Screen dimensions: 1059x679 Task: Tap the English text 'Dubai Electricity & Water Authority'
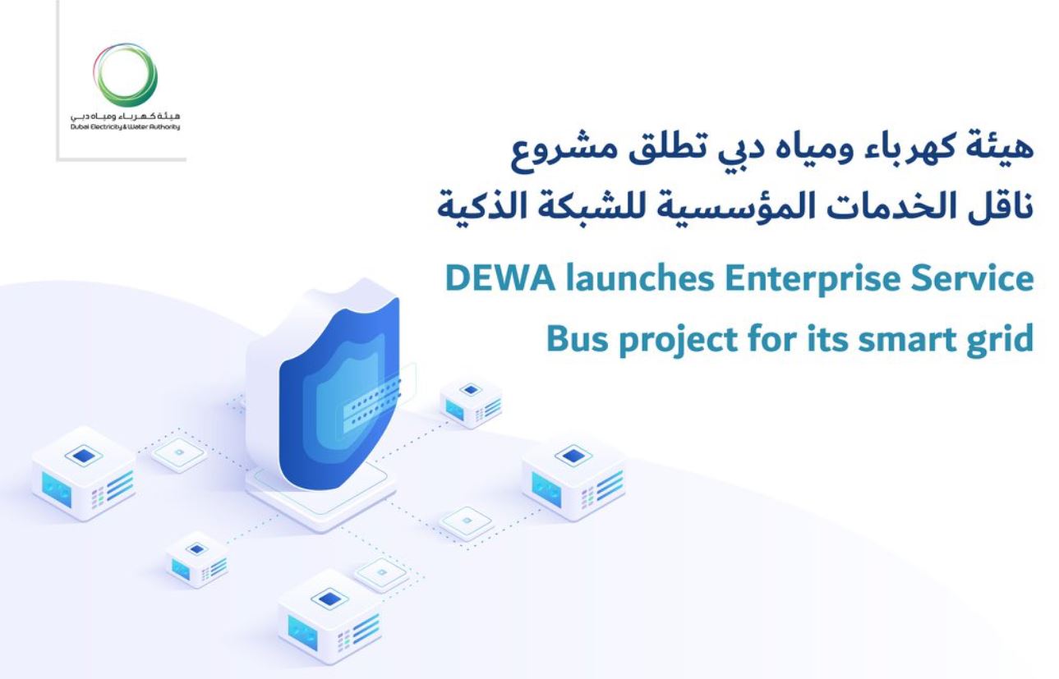[x=125, y=127]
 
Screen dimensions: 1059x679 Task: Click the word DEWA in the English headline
[x=500, y=278]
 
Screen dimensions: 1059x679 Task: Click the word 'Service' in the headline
[x=972, y=278]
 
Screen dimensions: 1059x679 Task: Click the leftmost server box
[x=83, y=473]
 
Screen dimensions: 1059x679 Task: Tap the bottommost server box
[x=329, y=616]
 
